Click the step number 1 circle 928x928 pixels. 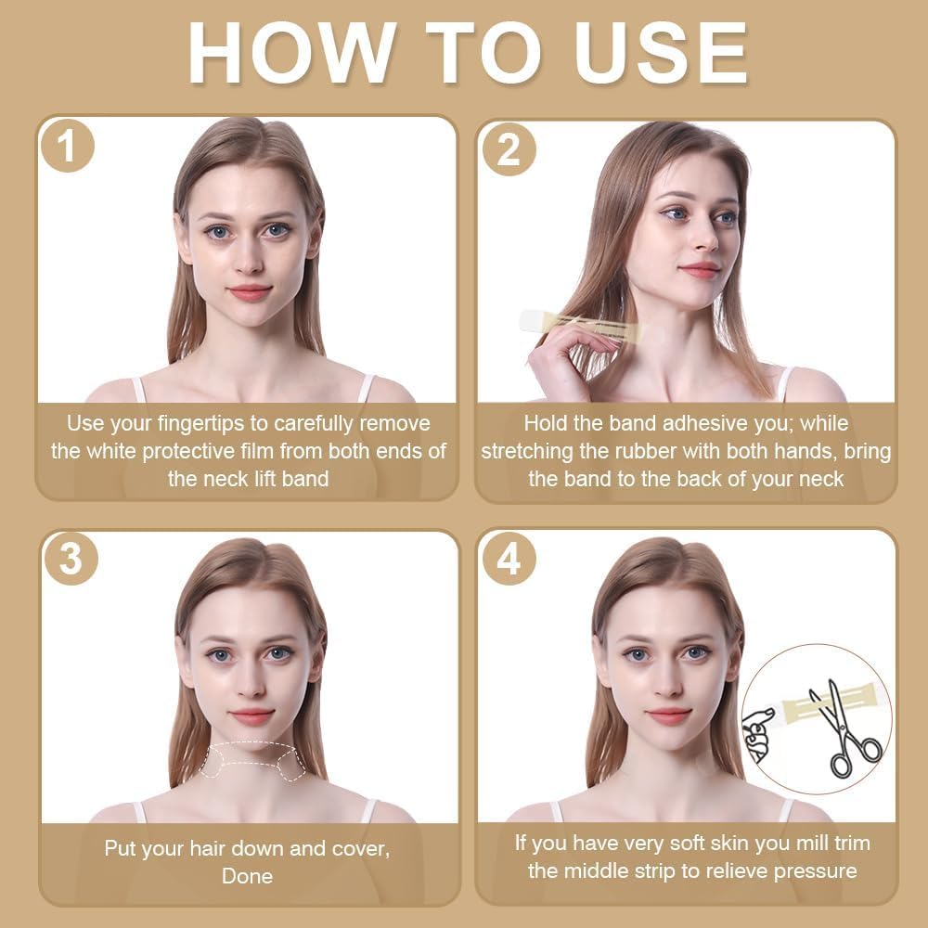pos(68,146)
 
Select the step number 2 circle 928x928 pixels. pos(509,149)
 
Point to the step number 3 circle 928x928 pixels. pos(71,558)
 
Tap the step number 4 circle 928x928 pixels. pos(509,558)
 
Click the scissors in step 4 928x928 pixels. pos(845,728)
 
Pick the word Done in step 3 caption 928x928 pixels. pos(248,876)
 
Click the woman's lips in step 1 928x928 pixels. pos(250,293)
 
